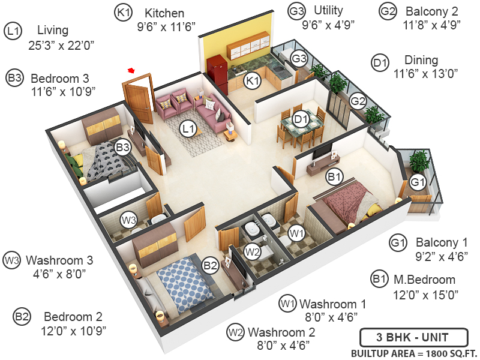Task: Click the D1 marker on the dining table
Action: [300, 119]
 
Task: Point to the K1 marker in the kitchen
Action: [253, 80]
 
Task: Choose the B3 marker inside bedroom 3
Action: [123, 146]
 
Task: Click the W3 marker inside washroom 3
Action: [128, 220]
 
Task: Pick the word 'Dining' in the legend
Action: [421, 61]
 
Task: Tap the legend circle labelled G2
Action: [388, 11]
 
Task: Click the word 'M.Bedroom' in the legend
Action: [425, 280]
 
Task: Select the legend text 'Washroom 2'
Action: [280, 332]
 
